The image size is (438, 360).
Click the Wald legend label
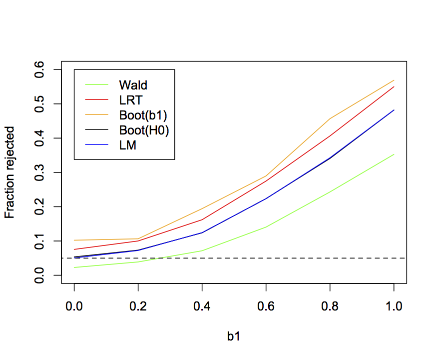(x=133, y=85)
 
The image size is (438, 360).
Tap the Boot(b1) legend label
(x=143, y=115)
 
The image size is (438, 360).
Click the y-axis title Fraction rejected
(x=10, y=172)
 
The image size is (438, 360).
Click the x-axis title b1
(x=234, y=337)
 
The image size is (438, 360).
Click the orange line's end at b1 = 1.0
(x=394, y=80)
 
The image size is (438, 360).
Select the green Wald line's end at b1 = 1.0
(x=394, y=154)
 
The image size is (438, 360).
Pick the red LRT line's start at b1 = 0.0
(x=74, y=249)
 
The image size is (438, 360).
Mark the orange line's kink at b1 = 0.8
(x=330, y=118)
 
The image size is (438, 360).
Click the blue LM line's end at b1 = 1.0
(x=394, y=110)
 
